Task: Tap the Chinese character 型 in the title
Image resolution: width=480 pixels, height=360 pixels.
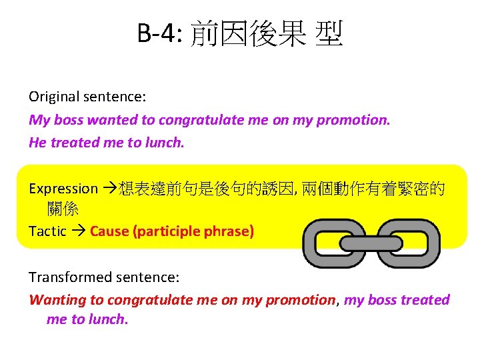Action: pos(329,33)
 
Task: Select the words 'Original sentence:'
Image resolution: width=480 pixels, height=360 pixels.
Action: pos(87,97)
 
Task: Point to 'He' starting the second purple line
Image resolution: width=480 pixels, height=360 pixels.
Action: pos(37,142)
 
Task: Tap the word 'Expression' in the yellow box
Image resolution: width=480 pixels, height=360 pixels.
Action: pos(63,189)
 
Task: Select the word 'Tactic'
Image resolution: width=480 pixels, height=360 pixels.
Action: pos(47,231)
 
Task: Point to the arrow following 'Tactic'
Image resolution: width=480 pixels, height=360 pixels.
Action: pos(78,231)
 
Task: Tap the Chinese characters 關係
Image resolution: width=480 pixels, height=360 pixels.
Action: pos(63,209)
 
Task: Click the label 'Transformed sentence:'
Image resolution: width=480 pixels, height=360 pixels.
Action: pos(104,277)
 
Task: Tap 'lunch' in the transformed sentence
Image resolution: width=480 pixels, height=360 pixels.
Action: pos(107,319)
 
